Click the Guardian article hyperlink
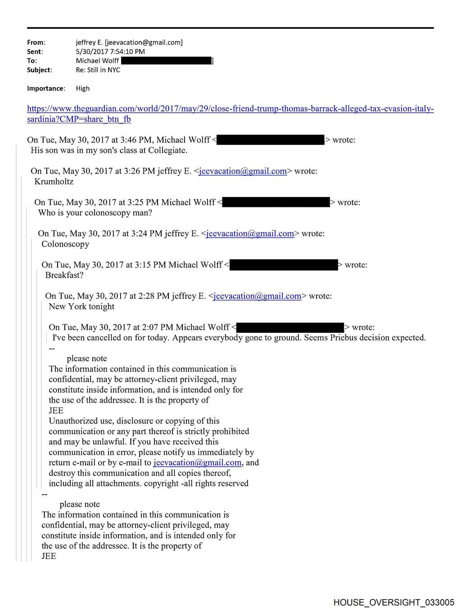(230, 109)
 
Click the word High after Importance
(83, 88)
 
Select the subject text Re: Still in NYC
(98, 70)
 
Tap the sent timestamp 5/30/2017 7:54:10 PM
(110, 51)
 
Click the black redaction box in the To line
(167, 60)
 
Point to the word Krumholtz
(54, 182)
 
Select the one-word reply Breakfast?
(64, 275)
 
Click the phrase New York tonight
(81, 307)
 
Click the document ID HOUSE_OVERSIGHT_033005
(393, 602)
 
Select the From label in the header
(36, 42)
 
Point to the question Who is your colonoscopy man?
(95, 213)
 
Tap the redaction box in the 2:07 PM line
(290, 327)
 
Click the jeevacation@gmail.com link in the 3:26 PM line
(243, 171)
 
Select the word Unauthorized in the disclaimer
(73, 421)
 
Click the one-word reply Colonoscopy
(65, 244)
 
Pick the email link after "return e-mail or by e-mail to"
(198, 463)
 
